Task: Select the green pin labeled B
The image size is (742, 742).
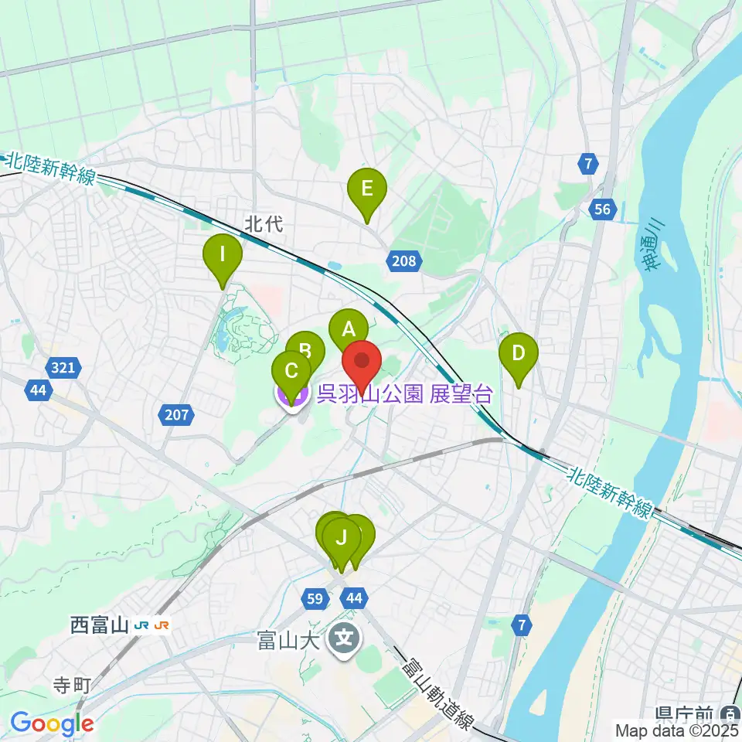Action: [305, 352]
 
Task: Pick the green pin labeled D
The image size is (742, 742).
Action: [518, 354]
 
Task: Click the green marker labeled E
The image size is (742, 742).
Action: [366, 189]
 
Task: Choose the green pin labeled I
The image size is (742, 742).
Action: [223, 254]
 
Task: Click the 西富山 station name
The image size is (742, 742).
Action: [98, 625]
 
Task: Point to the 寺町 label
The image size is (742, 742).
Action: [71, 685]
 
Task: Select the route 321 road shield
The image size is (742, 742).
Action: [64, 368]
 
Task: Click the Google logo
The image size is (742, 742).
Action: [53, 724]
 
